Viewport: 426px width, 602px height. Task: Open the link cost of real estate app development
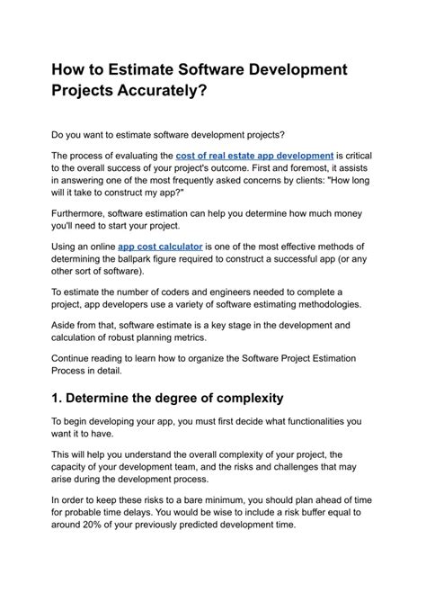255,156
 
